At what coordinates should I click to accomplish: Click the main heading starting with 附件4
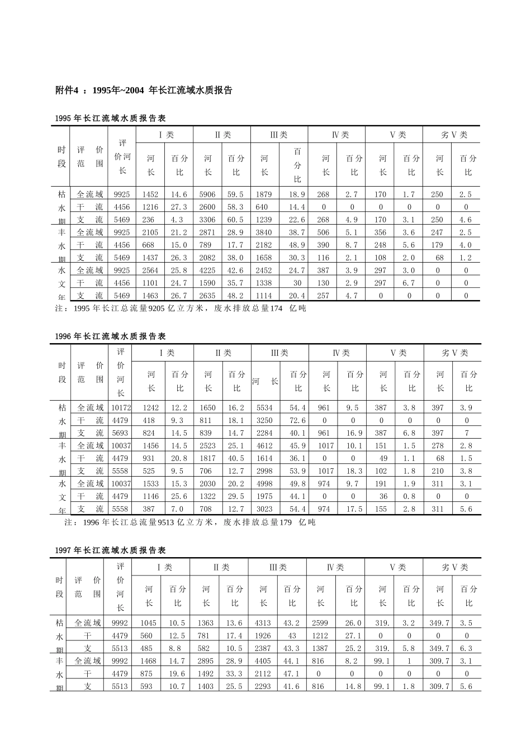144,90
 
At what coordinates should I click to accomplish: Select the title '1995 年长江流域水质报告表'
111,118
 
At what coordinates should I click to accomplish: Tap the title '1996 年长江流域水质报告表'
111,336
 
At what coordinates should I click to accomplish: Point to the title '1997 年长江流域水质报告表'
111,550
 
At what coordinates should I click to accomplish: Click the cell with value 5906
207,194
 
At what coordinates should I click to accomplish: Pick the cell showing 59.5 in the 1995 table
236,194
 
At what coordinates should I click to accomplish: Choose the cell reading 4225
207,270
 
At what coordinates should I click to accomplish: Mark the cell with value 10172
121,408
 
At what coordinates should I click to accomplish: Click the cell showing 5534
264,408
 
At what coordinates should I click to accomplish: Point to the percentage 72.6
298,421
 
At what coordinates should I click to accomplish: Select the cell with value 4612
264,446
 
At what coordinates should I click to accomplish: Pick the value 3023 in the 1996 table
264,509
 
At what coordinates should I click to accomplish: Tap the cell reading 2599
320,623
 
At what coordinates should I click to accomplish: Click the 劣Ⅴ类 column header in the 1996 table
454,353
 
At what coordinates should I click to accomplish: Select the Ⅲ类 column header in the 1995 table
278,135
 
